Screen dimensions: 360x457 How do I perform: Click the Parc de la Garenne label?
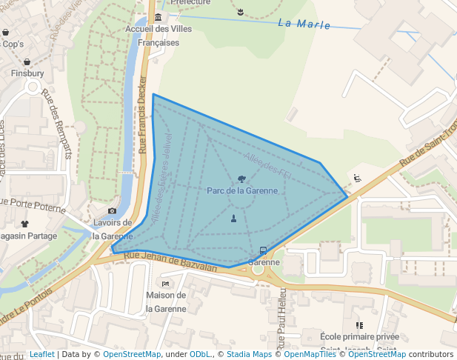tap(242, 190)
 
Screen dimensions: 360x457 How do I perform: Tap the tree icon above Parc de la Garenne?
tap(242, 179)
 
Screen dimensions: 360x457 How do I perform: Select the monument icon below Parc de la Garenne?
tap(234, 218)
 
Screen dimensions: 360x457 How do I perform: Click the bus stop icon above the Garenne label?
tap(264, 250)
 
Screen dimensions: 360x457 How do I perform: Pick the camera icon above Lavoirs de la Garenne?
tap(113, 211)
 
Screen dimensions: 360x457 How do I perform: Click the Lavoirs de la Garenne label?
tap(113, 229)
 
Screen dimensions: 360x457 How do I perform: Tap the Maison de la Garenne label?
tap(166, 301)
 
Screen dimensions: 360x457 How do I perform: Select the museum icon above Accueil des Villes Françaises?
tap(159, 17)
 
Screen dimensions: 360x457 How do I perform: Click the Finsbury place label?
tap(27, 74)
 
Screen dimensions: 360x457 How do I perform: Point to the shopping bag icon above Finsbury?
tap(27, 62)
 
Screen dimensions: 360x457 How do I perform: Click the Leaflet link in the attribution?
tap(41, 354)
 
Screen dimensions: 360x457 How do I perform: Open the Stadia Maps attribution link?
tap(248, 354)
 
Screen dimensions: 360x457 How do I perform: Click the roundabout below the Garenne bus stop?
tap(258, 269)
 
